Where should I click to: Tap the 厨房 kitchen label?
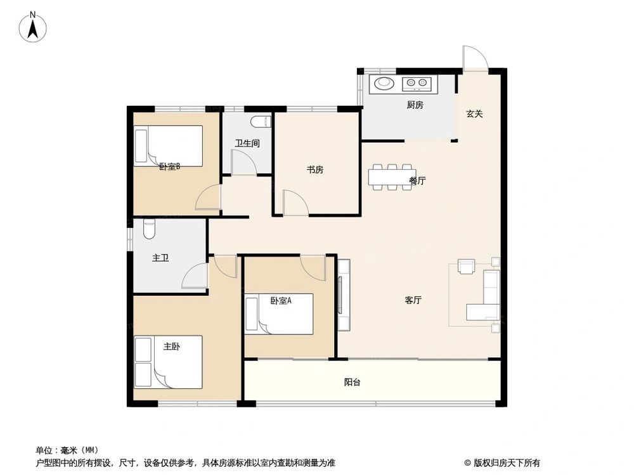coord(415,105)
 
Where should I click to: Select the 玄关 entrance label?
coord(475,114)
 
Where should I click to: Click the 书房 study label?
coord(315,170)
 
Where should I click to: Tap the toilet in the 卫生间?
coord(261,122)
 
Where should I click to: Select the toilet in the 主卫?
coord(149,229)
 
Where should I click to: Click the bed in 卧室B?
coord(168,146)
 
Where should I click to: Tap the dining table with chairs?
coord(392,177)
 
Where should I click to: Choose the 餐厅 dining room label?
coord(417,181)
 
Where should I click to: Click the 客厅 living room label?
coord(413,300)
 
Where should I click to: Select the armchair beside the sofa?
coord(467,267)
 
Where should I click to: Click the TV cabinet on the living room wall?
coord(344,295)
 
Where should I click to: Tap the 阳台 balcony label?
coord(353,383)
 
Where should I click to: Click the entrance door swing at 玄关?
coord(474,58)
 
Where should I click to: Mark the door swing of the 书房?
coord(295,203)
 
